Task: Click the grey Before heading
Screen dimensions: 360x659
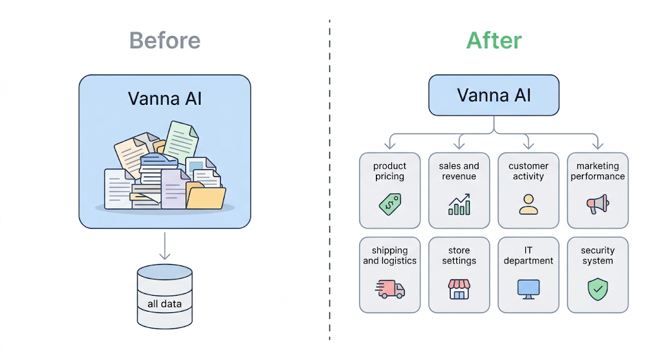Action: (x=165, y=40)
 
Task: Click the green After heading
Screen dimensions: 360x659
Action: (x=494, y=40)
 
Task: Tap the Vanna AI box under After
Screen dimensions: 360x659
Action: (x=494, y=95)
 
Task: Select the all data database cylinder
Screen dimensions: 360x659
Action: (x=165, y=296)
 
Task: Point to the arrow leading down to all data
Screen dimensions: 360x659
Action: (x=165, y=245)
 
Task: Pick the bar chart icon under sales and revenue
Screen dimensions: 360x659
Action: (x=459, y=205)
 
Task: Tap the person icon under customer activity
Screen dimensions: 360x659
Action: (x=528, y=204)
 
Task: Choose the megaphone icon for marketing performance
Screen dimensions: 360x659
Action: (x=597, y=205)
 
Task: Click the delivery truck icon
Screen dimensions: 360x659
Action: (x=389, y=289)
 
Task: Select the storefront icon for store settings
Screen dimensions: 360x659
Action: (x=459, y=289)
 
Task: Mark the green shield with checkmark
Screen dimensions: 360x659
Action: (x=597, y=290)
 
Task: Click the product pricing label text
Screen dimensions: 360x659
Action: (x=389, y=171)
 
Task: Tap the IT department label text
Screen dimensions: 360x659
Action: (x=528, y=256)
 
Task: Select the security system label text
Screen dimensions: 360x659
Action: (x=597, y=256)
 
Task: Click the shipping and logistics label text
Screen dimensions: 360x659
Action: (x=389, y=256)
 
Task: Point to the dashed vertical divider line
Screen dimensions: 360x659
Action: (x=329, y=180)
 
